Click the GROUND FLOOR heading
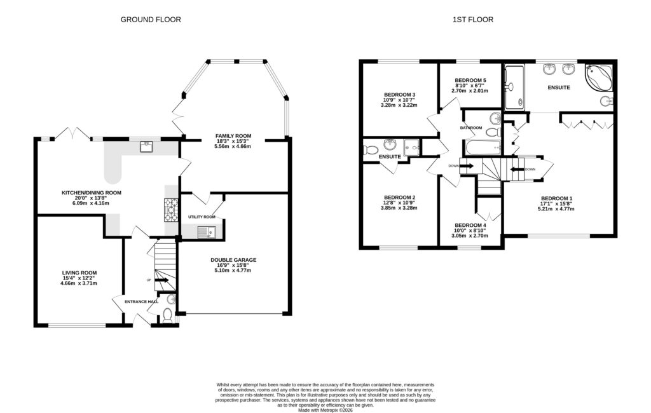click(x=151, y=20)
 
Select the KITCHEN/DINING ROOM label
click(x=91, y=193)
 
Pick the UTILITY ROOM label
click(x=202, y=217)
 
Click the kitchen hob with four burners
click(x=172, y=210)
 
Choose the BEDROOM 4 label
click(x=470, y=226)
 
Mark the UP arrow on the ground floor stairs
click(x=160, y=280)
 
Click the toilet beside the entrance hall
click(x=167, y=313)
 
